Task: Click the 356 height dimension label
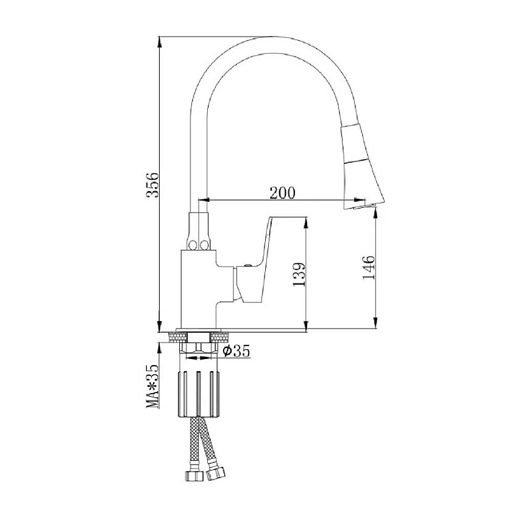pos(152,185)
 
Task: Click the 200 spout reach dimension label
pos(282,193)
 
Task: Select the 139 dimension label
pos(299,275)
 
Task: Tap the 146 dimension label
pos(369,268)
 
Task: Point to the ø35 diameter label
pos(236,351)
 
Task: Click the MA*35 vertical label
pos(152,386)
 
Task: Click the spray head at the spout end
pos(362,166)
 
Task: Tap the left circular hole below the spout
pos(193,244)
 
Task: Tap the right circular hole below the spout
pos(204,244)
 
